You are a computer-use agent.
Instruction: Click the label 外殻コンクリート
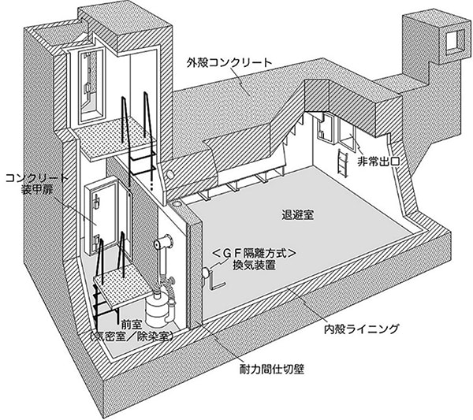pos(229,63)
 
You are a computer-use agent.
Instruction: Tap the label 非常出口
pos(378,162)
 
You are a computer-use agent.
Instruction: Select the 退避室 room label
pos(298,214)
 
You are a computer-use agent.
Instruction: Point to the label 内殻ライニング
pos(361,329)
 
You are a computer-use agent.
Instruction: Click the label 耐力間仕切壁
pos(271,369)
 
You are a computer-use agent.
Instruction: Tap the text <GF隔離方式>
pos(253,253)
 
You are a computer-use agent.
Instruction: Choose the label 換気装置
pos(254,266)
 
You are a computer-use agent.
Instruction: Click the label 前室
pos(131,325)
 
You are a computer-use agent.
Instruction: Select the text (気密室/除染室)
pos(132,336)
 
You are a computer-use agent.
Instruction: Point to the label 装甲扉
pos(37,190)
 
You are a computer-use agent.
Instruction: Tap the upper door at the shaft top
pos(91,87)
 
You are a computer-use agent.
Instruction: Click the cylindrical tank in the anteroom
pos(157,308)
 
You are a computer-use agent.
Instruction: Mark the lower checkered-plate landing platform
pos(123,286)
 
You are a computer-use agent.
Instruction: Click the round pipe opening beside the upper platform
pos(171,174)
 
